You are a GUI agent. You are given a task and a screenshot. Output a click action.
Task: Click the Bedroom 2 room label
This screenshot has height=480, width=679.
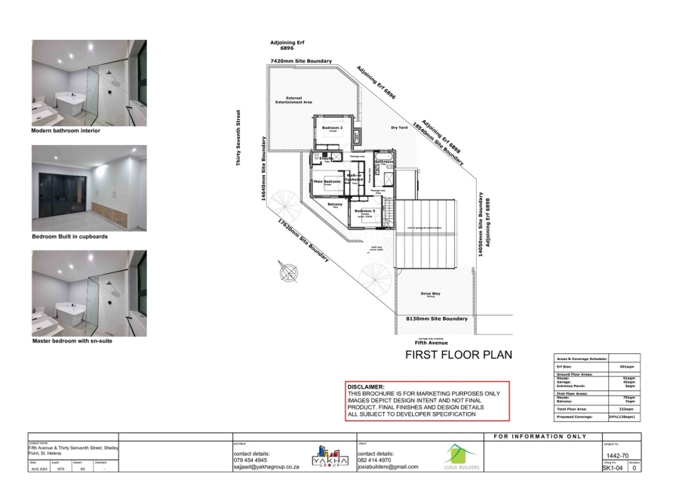click(333, 128)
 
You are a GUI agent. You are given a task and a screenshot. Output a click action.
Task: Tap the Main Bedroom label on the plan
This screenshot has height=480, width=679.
click(327, 182)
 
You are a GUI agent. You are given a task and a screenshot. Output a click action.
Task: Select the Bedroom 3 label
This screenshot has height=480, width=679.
click(364, 211)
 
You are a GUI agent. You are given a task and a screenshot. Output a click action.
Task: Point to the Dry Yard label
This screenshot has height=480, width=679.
click(399, 128)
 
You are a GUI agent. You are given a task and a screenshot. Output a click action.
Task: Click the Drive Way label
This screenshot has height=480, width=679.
click(432, 294)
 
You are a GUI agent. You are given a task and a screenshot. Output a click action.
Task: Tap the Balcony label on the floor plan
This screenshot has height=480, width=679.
click(335, 205)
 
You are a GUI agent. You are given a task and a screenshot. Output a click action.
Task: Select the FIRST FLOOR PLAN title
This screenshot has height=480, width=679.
click(459, 354)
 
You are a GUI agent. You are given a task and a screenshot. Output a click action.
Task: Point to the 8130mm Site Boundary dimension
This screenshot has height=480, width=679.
click(436, 319)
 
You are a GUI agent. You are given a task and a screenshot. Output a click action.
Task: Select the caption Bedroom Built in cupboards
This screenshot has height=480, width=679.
click(69, 237)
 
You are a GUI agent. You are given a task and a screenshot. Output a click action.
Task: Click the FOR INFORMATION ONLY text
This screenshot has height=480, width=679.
click(540, 436)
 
